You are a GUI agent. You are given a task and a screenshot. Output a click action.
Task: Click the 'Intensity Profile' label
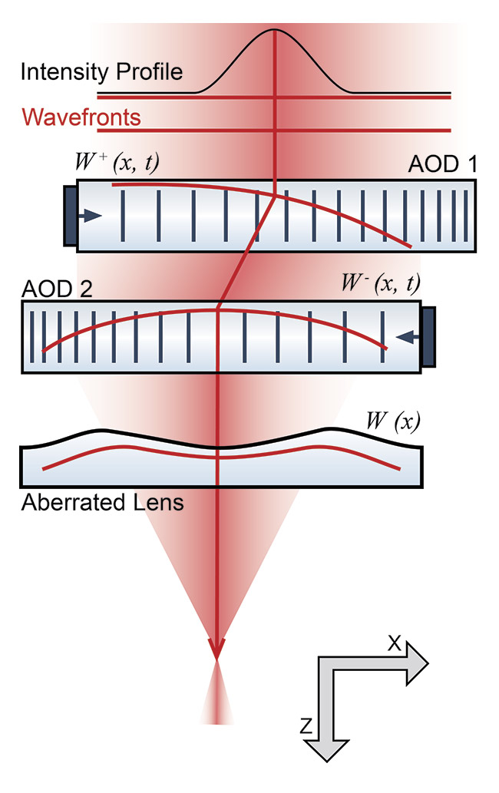click(102, 73)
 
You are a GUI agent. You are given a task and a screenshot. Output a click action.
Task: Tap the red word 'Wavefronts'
click(81, 117)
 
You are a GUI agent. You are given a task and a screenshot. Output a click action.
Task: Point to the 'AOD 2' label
click(51, 290)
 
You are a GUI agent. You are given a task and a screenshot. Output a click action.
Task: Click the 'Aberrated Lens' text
click(102, 504)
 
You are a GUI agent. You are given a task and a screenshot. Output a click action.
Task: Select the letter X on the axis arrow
click(393, 644)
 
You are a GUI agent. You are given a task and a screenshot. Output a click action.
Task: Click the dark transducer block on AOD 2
click(428, 335)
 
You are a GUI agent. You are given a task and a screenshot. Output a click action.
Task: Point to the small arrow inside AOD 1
click(91, 216)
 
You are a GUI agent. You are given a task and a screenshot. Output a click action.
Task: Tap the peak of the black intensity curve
click(275, 31)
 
